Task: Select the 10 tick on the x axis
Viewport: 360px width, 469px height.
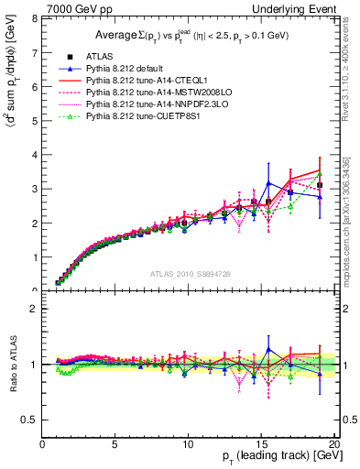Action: coord(188,444)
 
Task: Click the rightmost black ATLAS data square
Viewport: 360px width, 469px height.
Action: coord(320,185)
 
